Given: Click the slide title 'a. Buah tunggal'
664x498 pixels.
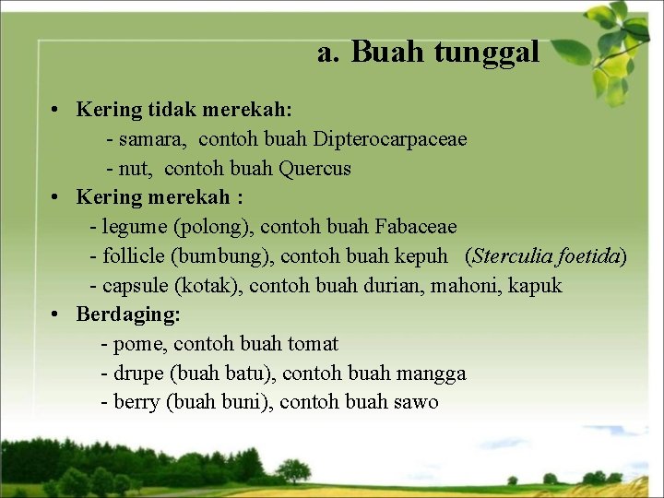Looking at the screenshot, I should click(428, 53).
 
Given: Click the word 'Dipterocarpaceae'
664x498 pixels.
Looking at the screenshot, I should click(390, 139).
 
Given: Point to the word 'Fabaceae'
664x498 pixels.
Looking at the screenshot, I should click(416, 227).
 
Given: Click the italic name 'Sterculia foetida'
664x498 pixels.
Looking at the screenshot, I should click(546, 255).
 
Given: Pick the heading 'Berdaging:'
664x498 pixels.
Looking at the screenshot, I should click(128, 314).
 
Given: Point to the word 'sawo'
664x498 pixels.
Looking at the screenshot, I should click(417, 403).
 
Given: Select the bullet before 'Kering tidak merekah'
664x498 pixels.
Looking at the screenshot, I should click(57, 111).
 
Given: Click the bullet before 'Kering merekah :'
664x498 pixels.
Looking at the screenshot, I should click(57, 197).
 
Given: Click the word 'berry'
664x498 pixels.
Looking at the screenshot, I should click(137, 403).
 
